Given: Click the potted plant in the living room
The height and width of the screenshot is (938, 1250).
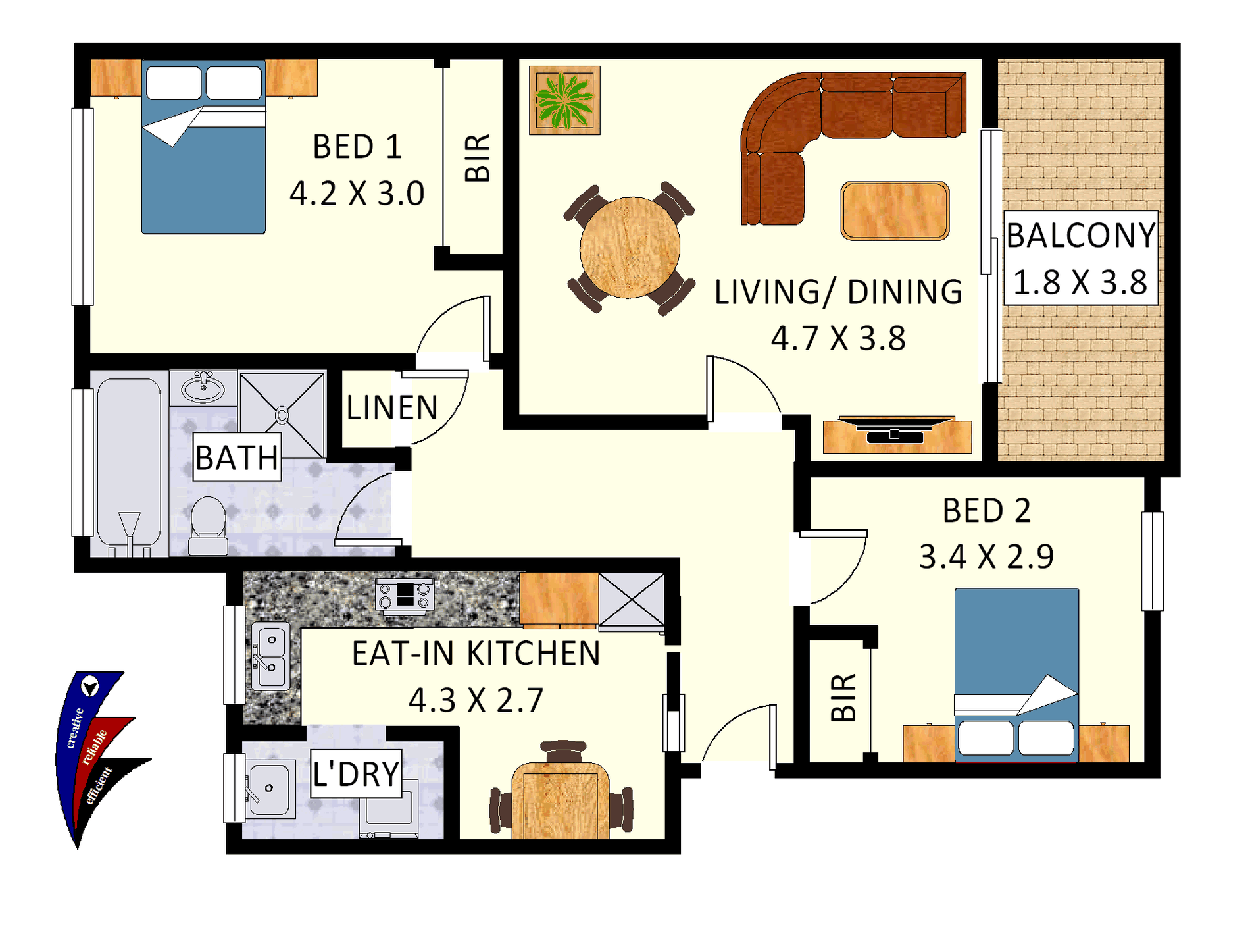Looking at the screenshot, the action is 564,100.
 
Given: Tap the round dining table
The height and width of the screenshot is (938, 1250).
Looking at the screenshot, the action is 630,247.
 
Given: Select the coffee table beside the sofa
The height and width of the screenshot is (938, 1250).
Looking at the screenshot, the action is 895,211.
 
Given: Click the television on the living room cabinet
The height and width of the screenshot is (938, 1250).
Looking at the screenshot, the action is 897,429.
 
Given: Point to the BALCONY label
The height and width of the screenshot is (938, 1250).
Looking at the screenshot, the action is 1081,236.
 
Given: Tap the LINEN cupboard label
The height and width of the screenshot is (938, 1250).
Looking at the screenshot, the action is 392,408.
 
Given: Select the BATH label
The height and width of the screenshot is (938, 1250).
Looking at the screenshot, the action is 238,457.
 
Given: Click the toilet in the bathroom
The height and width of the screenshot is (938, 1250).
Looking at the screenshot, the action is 208,526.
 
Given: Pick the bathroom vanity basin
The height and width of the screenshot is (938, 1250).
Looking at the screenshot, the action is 203,387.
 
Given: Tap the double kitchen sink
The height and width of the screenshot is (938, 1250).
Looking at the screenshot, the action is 270,656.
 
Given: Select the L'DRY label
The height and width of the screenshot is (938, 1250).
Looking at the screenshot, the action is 356,774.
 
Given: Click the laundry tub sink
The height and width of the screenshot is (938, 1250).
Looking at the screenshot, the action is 268,789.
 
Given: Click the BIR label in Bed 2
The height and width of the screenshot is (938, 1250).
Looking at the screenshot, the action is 844,698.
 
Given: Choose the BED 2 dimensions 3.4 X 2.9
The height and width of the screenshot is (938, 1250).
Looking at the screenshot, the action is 986,557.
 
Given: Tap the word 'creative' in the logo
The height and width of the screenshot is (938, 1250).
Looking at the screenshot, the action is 75,728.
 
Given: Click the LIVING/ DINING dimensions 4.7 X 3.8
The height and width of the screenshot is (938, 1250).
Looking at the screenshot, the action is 838,338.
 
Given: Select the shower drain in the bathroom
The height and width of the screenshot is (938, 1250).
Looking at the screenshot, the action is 282,415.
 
